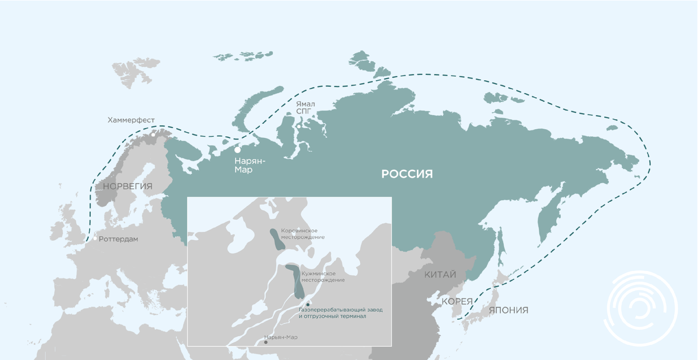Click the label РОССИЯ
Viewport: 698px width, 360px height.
pyautogui.click(x=407, y=174)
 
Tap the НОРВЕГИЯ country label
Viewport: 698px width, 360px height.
pyautogui.click(x=127, y=187)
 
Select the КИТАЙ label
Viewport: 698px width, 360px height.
pyautogui.click(x=440, y=275)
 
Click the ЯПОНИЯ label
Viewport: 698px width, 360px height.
pyautogui.click(x=508, y=310)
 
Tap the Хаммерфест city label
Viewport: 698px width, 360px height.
pyautogui.click(x=131, y=120)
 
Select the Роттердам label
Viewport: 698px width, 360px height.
pyautogui.click(x=119, y=239)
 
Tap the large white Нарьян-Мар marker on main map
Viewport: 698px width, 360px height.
pyautogui.click(x=237, y=150)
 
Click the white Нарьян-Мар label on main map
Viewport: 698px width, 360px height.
pyautogui.click(x=250, y=165)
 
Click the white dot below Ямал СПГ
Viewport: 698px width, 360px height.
pyautogui.click(x=298, y=126)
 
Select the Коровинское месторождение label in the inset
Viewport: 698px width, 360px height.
pyautogui.click(x=302, y=234)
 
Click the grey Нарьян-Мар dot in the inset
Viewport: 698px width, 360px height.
pyautogui.click(x=266, y=342)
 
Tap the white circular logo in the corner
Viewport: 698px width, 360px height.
pyautogui.click(x=642, y=308)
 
